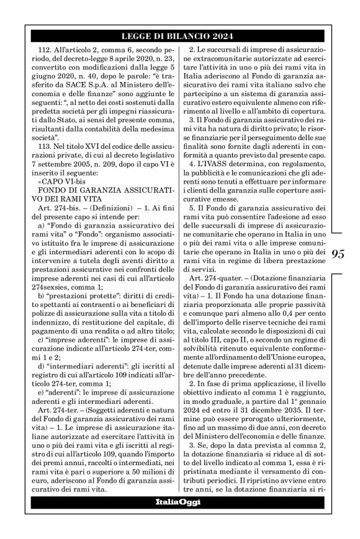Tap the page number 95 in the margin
pos(341,255)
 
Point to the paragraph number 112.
pos(47,49)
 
